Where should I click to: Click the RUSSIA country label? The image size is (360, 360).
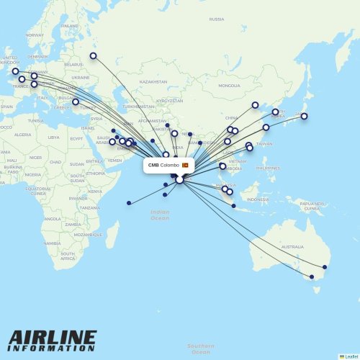click(x=216, y=19)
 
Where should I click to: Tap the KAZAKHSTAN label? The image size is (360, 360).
click(x=153, y=82)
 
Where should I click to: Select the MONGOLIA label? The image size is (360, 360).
click(x=230, y=86)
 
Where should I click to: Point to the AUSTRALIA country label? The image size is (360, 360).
click(x=292, y=246)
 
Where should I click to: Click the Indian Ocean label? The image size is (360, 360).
click(x=160, y=215)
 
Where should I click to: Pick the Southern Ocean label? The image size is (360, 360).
click(x=201, y=348)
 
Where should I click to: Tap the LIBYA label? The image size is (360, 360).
click(x=54, y=137)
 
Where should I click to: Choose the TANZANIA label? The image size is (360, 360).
click(x=90, y=207)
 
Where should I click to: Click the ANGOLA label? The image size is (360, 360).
click(x=53, y=219)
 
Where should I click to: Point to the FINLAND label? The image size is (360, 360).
click(x=70, y=26)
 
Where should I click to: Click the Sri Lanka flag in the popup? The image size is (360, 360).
click(x=185, y=165)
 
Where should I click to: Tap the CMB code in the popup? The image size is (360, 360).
click(x=153, y=165)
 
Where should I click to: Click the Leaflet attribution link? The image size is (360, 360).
click(x=351, y=356)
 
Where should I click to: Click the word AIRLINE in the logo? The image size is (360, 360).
click(x=52, y=337)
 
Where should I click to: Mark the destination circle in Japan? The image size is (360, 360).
click(x=304, y=116)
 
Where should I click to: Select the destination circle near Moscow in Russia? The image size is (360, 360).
click(x=93, y=55)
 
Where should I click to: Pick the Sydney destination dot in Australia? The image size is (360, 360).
click(x=324, y=268)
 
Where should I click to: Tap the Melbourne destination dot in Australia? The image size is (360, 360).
click(x=312, y=276)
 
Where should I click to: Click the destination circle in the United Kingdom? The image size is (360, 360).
click(x=15, y=71)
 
